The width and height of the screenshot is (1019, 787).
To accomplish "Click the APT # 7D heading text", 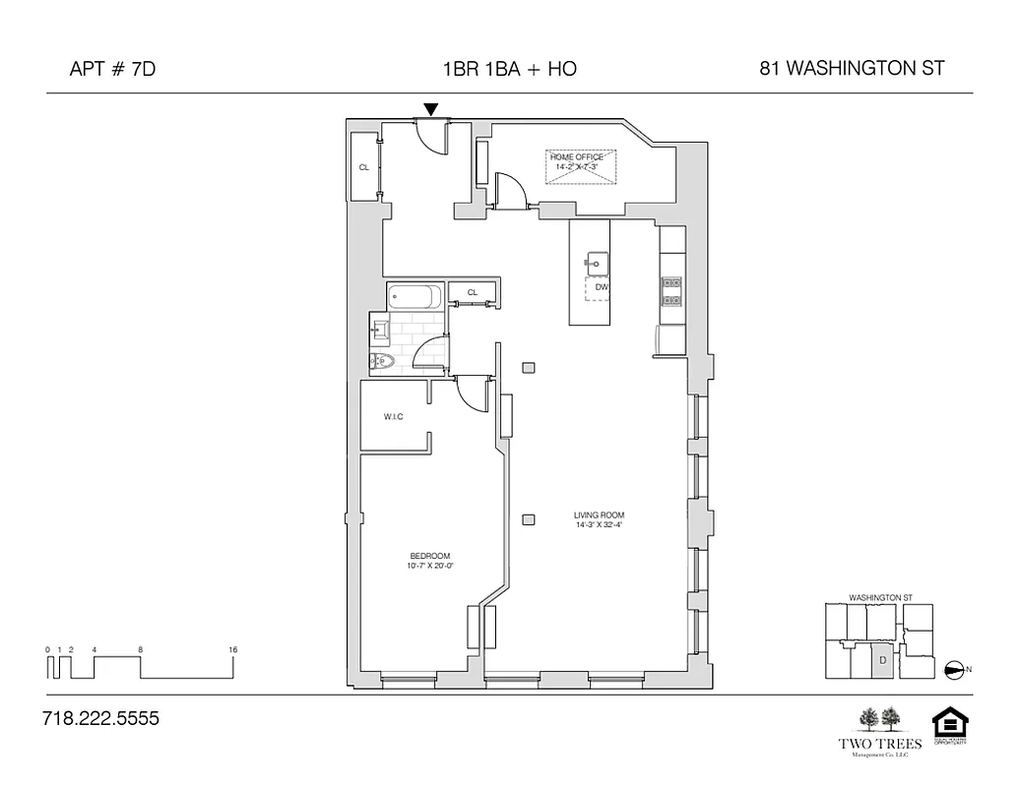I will [x=114, y=69].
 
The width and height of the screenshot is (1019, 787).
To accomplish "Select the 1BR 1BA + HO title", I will [x=509, y=69].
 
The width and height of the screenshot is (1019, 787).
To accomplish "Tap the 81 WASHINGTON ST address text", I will [x=852, y=69].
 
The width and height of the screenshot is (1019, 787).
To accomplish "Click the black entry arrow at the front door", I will [x=430, y=109].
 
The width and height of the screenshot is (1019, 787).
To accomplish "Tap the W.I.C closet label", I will [x=393, y=417].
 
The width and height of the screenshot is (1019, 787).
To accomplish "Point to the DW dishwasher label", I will [x=602, y=287].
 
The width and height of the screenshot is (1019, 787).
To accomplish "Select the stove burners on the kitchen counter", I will [x=670, y=287].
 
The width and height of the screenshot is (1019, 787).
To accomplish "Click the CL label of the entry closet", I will [x=364, y=167].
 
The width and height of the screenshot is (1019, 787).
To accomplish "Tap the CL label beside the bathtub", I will [x=473, y=292].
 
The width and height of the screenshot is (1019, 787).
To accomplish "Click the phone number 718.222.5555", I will [x=100, y=719].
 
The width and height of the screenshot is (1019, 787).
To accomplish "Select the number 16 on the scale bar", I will [x=232, y=650].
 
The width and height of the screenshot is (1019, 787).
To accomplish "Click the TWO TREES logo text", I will [x=879, y=744].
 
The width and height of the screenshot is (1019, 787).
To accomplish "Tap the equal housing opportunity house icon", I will [x=950, y=723].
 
